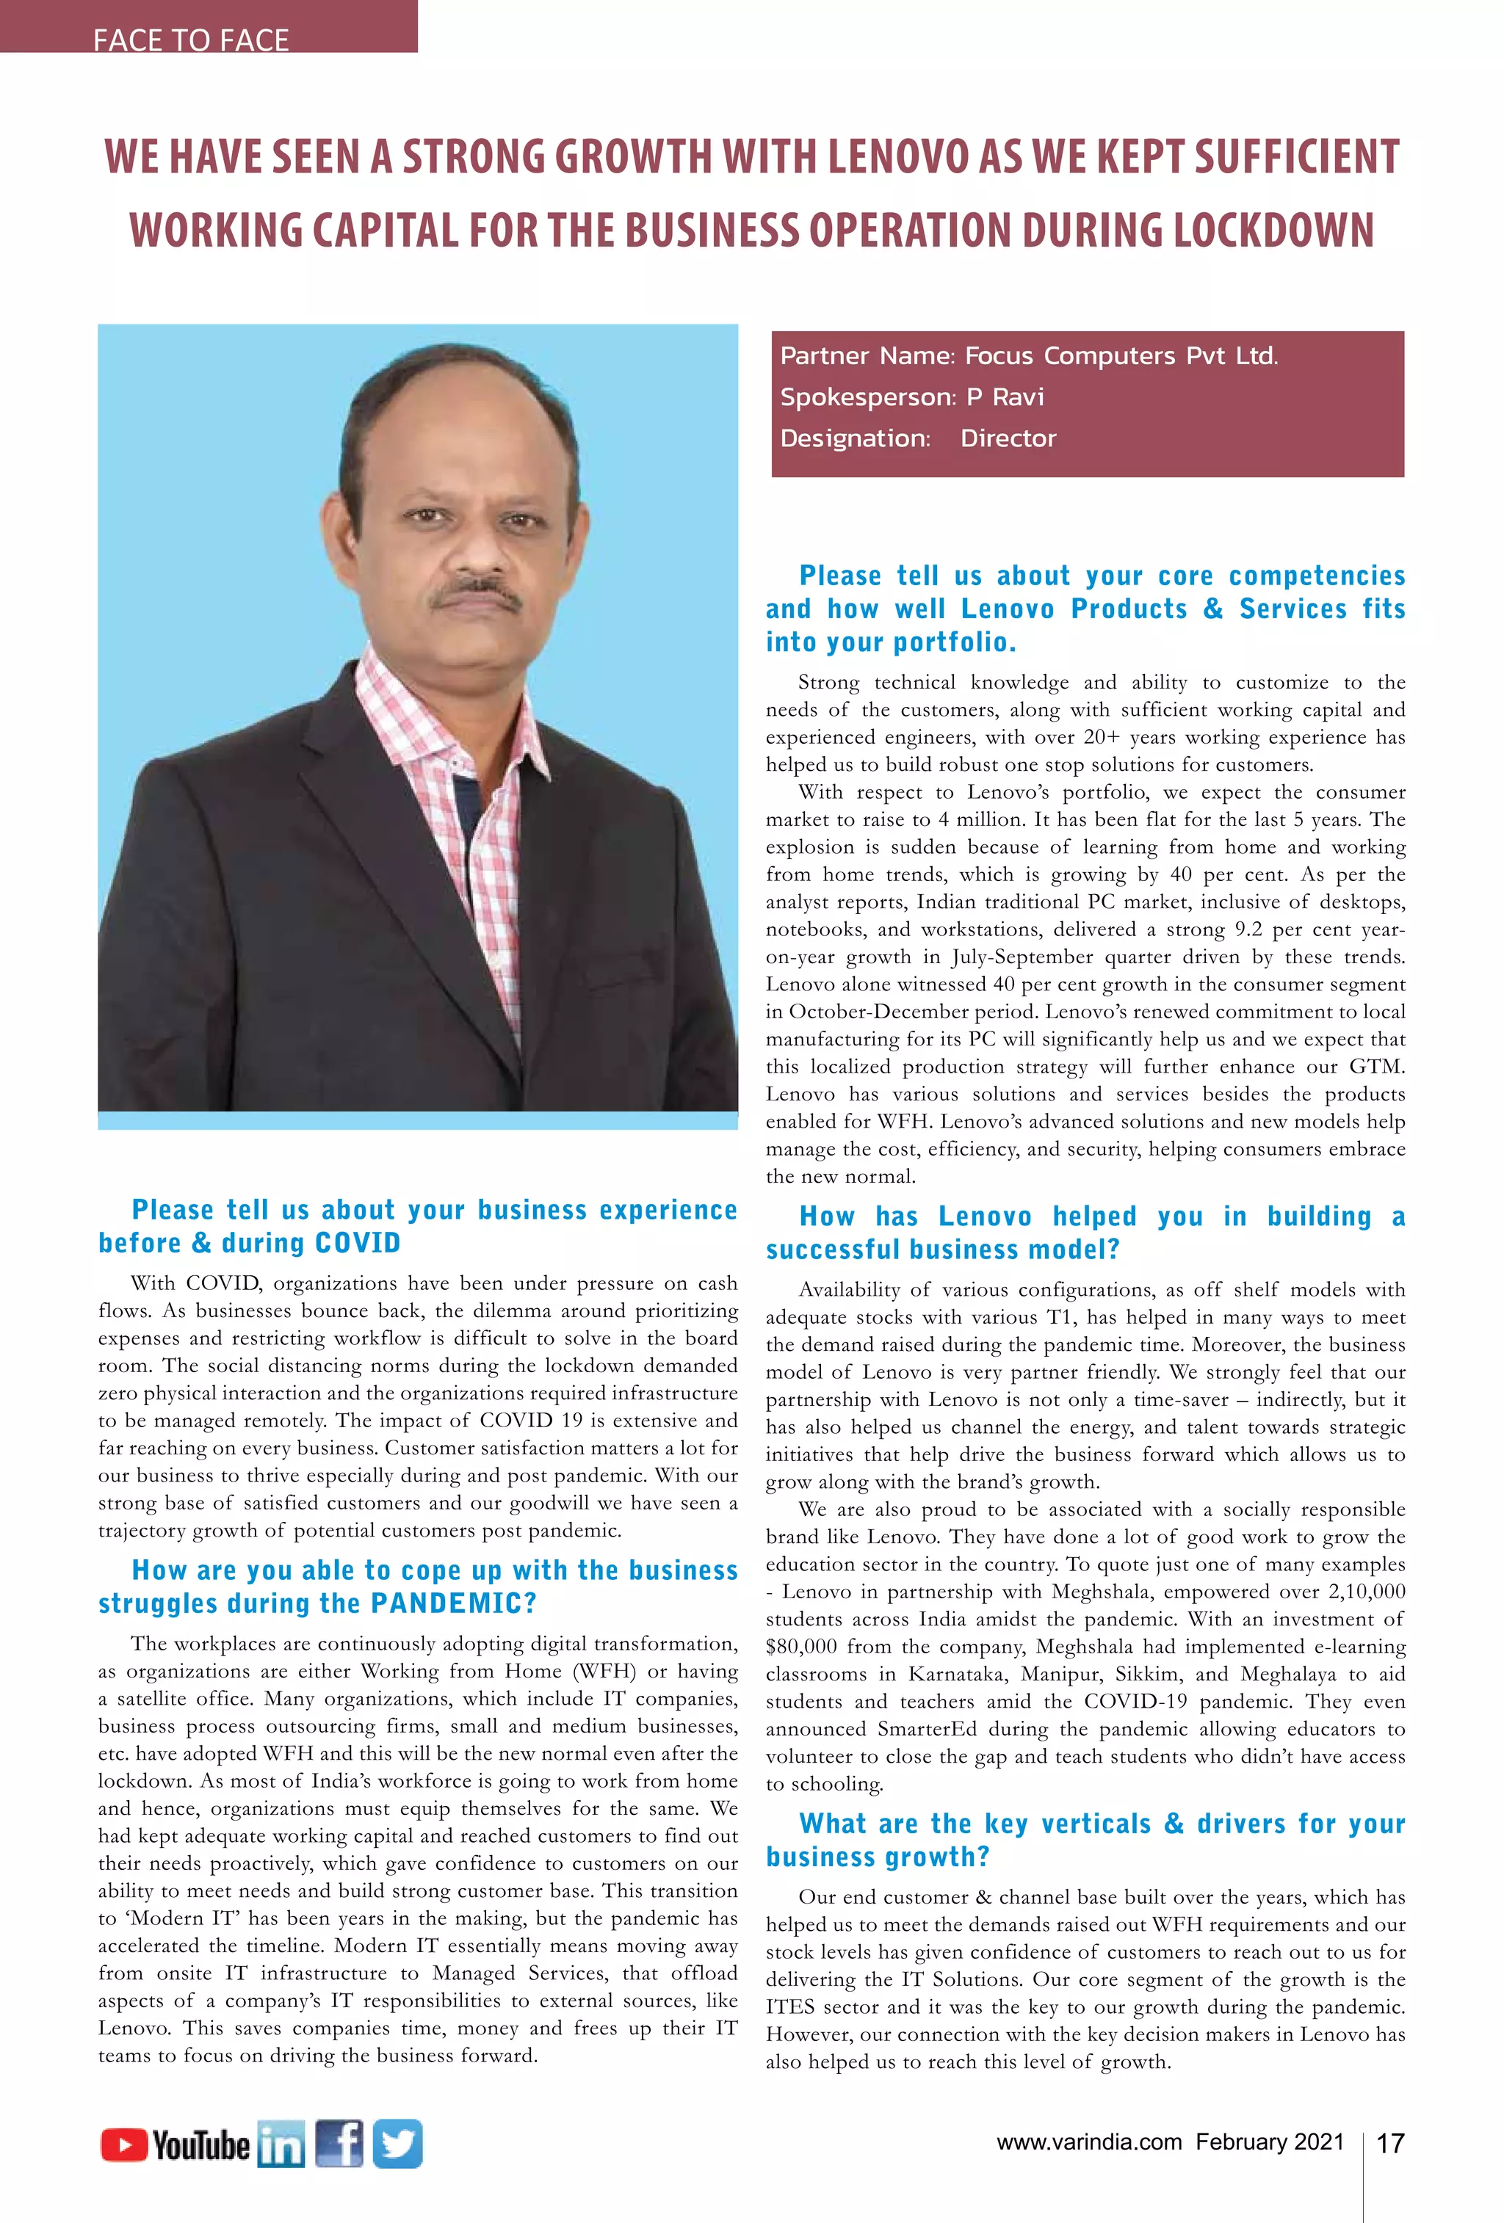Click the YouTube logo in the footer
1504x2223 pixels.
[x=175, y=2144]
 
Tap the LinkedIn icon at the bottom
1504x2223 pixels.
[x=281, y=2144]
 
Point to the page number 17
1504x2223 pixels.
[x=1389, y=2144]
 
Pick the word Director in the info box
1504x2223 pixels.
[x=1008, y=438]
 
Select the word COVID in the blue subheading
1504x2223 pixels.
[x=357, y=1243]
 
